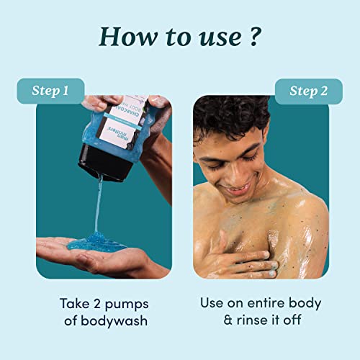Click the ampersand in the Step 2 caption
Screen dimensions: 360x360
click(204, 321)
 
